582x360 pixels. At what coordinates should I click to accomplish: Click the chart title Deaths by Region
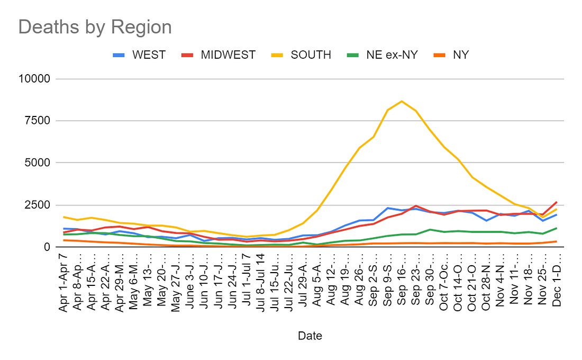tap(95, 28)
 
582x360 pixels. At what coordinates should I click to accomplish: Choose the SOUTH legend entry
tap(311, 55)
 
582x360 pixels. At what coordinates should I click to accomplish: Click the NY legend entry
tap(461, 55)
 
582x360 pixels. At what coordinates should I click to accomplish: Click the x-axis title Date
tap(310, 336)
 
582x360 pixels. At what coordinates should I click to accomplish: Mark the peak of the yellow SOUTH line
tap(402, 101)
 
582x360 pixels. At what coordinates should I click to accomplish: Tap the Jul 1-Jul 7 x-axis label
tap(246, 281)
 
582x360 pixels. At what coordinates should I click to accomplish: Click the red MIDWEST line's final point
tap(557, 202)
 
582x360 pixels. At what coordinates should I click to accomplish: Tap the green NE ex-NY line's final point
tap(557, 228)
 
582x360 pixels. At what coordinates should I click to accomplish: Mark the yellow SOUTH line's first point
tap(64, 217)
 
